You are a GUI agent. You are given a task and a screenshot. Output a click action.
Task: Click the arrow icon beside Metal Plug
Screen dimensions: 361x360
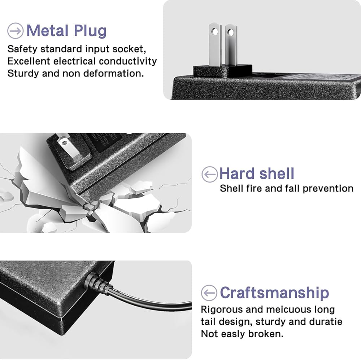point(16,31)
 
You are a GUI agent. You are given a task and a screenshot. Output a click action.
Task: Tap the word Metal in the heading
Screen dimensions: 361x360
point(48,30)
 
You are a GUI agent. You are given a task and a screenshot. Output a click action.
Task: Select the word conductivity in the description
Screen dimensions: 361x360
point(128,61)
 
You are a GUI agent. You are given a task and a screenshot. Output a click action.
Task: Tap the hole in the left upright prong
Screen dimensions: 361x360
point(215,32)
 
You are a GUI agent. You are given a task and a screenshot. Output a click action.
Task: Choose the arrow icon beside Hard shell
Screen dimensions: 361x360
point(209,174)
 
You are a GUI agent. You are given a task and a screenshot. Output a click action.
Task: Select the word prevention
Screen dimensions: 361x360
point(328,189)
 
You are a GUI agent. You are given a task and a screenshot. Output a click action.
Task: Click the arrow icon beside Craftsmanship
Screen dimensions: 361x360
point(209,293)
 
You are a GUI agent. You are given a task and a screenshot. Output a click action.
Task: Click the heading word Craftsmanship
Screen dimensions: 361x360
point(274,293)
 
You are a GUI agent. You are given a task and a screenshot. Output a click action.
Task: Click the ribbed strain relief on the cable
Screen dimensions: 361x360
point(98,284)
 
